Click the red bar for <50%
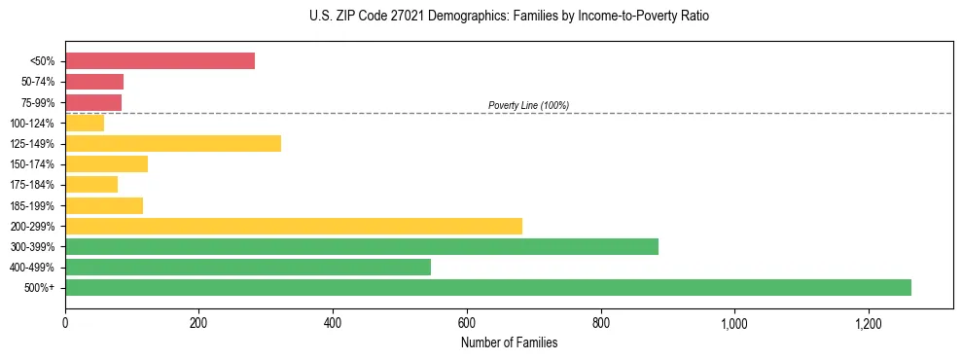click(160, 61)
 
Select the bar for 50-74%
click(94, 82)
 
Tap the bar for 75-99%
click(93, 102)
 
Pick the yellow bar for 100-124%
click(85, 123)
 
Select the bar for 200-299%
click(294, 226)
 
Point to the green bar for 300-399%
click(362, 246)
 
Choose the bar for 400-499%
click(248, 267)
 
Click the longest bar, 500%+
click(488, 287)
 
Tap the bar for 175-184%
click(91, 185)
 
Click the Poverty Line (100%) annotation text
click(528, 105)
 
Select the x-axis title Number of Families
click(509, 342)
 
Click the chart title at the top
click(510, 17)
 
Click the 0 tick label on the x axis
click(65, 323)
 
